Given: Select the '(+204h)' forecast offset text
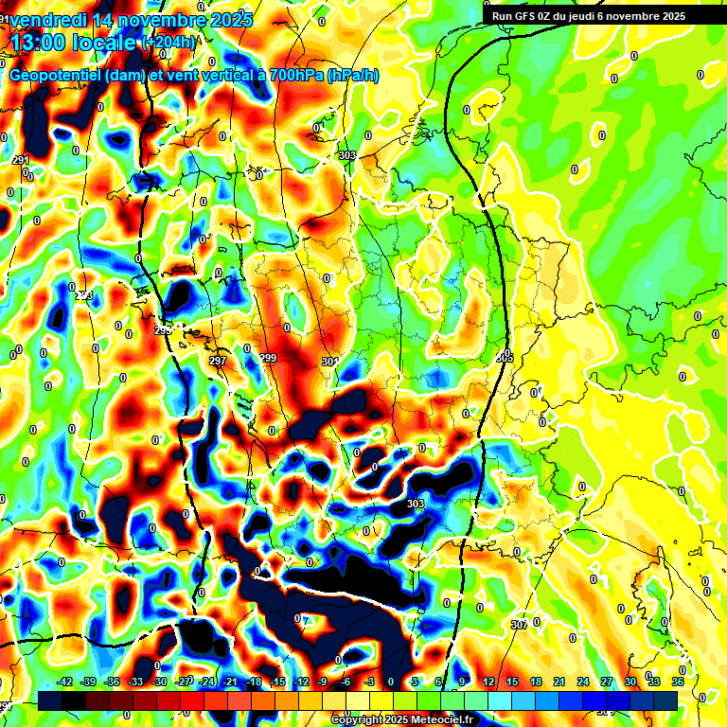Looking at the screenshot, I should (170, 42).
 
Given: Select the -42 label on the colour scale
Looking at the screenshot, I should (65, 682).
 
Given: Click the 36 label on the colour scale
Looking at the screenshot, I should (678, 682).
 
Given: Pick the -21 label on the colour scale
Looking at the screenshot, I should (230, 682).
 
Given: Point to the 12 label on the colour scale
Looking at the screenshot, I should (488, 682).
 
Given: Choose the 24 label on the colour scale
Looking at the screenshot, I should (582, 682).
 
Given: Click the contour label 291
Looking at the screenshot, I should (21, 161).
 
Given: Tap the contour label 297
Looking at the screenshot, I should (218, 362).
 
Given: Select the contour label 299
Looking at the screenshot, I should (268, 358).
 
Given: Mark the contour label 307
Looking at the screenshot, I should (518, 625).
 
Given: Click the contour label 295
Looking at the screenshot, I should (163, 330).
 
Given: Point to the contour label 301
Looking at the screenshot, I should (328, 362).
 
